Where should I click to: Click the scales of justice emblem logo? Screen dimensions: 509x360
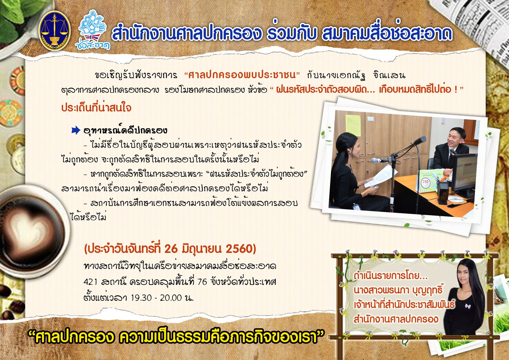click(x=55, y=31)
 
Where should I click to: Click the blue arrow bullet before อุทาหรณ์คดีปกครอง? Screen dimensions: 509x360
click(x=76, y=130)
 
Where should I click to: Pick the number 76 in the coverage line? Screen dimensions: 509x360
click(x=202, y=282)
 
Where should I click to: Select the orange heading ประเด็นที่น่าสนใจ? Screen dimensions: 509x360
click(x=96, y=108)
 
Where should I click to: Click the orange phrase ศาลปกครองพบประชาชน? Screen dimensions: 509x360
click(x=242, y=75)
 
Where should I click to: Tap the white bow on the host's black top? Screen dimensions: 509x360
click(x=468, y=306)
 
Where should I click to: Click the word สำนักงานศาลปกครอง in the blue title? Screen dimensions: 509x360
click(x=185, y=34)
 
